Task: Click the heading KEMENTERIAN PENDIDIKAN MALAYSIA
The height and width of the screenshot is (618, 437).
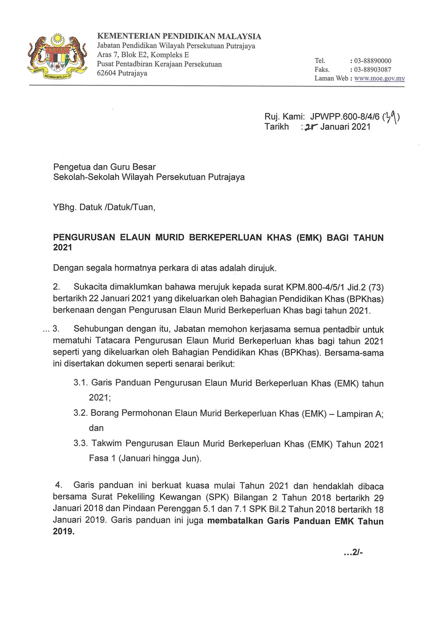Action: [x=179, y=36]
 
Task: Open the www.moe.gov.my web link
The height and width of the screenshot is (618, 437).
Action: [x=380, y=78]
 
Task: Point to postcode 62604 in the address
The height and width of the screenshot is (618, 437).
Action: [x=108, y=73]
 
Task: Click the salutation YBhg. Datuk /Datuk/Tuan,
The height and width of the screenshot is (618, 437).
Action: [x=104, y=208]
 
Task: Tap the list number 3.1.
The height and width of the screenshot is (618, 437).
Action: [x=80, y=383]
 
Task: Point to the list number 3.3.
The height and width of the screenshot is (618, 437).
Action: [x=80, y=444]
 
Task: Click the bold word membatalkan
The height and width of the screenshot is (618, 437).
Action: [x=234, y=522]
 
